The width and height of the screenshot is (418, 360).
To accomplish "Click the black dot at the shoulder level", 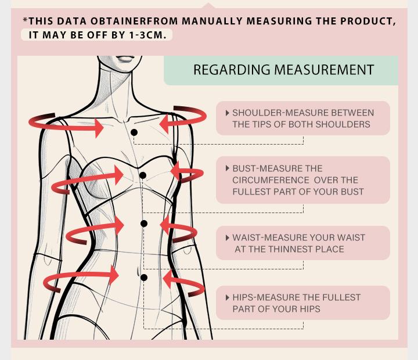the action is tap(134, 132).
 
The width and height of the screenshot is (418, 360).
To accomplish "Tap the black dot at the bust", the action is tap(143, 175).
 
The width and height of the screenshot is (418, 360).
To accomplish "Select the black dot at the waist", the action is tap(144, 224).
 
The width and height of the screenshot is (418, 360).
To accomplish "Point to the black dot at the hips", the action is tap(144, 278).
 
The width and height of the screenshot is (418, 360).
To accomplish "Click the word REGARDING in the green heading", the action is tap(232, 70).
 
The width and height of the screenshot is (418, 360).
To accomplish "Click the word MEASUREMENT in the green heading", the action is tap(324, 70).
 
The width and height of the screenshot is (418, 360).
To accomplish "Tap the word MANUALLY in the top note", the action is tap(212, 21).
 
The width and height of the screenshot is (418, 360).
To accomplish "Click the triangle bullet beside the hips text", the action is tap(228, 298).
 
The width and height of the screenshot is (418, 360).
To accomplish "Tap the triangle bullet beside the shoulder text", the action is tap(228, 113).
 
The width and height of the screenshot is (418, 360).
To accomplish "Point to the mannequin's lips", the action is tap(125, 59).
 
